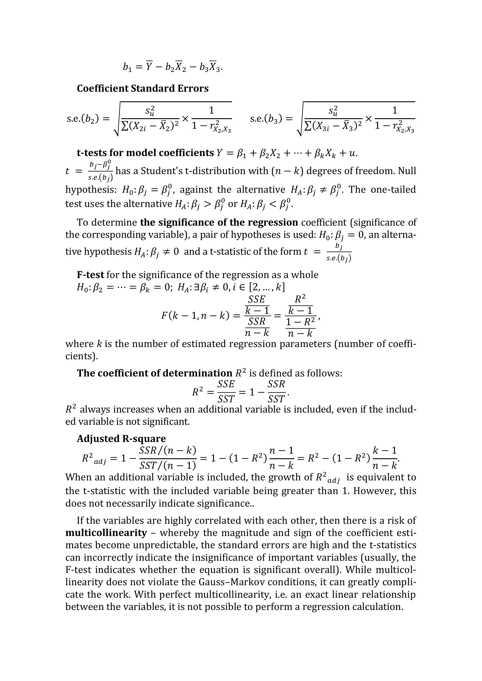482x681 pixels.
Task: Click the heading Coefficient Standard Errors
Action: [143, 89]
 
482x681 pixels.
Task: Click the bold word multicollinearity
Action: [106, 533]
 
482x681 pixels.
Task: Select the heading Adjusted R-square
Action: [121, 439]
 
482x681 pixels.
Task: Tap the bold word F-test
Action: [90, 275]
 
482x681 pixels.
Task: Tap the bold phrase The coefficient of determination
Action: [154, 373]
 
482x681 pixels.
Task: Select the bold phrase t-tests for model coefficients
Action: [145, 153]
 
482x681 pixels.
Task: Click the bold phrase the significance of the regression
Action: [219, 222]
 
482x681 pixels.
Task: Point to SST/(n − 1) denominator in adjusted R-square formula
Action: [168, 465]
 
